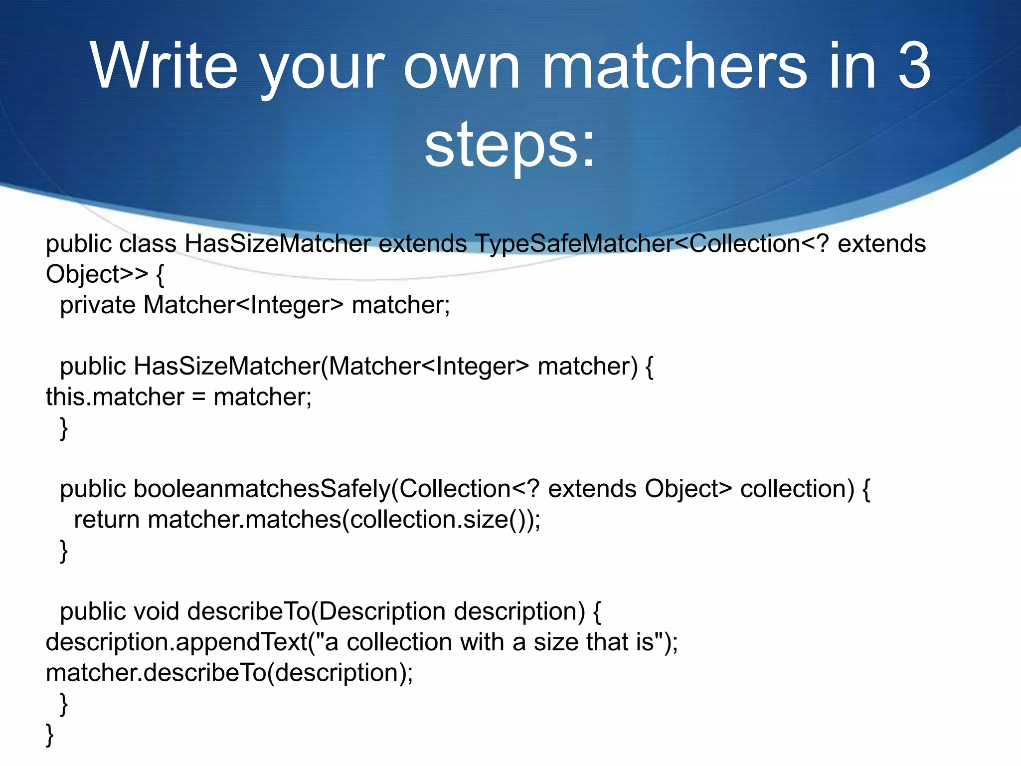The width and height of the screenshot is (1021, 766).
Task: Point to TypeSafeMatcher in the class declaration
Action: coord(573,244)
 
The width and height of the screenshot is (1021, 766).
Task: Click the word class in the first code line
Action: coord(148,244)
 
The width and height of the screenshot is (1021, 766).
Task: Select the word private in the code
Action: coord(97,305)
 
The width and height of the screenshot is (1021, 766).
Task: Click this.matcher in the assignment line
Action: coord(115,397)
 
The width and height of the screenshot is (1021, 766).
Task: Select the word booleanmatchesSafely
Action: coord(262,489)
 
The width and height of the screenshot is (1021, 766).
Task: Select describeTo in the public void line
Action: coord(248,611)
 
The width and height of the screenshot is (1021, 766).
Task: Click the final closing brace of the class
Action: coord(49,735)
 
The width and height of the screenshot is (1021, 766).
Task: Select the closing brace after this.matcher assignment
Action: coord(64,428)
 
